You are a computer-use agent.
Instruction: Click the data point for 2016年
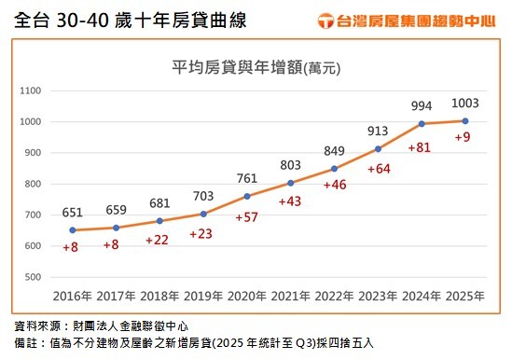(x=72, y=229)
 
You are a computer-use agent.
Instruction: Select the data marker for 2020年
(x=246, y=196)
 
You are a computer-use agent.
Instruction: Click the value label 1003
(x=465, y=104)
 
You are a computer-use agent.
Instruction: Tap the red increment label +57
(x=246, y=217)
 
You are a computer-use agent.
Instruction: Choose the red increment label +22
(x=159, y=240)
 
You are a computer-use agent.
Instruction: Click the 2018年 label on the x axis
(x=159, y=297)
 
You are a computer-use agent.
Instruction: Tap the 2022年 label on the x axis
(x=333, y=297)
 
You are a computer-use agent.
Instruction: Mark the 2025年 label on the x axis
(x=464, y=297)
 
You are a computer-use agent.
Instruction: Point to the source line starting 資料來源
(x=104, y=327)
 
